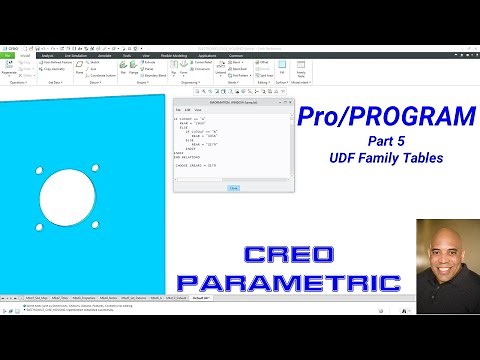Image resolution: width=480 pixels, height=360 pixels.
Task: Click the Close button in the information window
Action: click(234, 187)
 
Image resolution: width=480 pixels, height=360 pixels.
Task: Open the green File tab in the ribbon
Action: click(8, 56)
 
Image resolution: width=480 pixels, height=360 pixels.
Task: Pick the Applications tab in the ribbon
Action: click(208, 56)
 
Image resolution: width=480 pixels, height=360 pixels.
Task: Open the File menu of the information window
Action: click(178, 108)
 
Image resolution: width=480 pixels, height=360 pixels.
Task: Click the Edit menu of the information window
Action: click(188, 108)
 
